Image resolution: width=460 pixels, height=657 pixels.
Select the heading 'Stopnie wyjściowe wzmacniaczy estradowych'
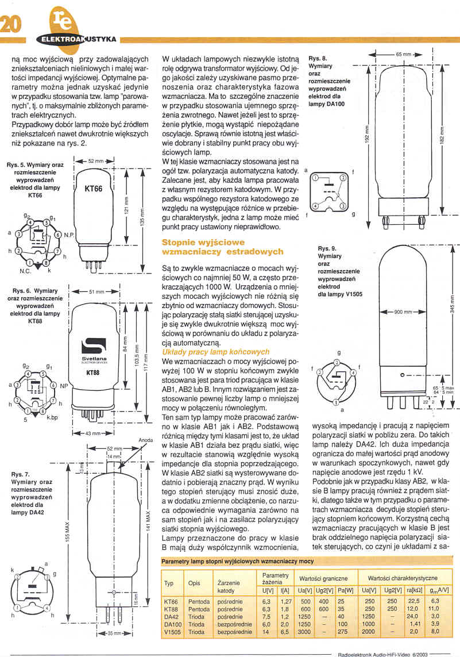click(x=223, y=248)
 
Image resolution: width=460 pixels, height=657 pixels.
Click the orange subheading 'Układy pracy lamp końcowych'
click(x=216, y=352)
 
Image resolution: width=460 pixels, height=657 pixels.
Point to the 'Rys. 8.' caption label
click(x=318, y=59)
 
